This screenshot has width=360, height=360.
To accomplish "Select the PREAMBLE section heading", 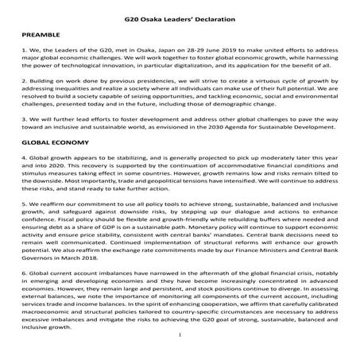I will pos(37,37).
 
